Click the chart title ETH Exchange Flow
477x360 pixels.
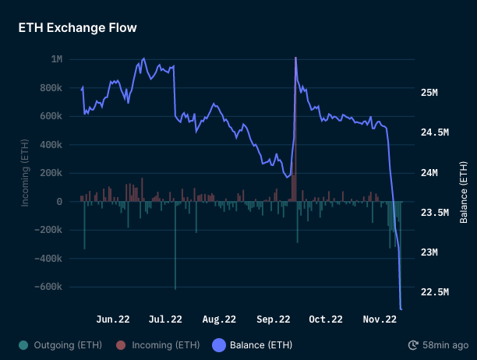[x=78, y=28]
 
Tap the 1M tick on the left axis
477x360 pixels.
[x=57, y=59]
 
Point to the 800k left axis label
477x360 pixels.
[x=51, y=88]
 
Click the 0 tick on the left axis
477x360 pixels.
[x=59, y=202]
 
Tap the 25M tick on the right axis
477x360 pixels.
[x=429, y=93]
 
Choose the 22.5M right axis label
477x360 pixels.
[x=433, y=292]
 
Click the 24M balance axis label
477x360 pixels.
[x=429, y=173]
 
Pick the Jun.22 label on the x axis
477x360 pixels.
[x=113, y=319]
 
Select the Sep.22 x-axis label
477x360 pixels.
[x=274, y=319]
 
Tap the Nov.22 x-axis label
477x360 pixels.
[x=380, y=319]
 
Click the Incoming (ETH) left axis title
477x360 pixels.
[x=25, y=173]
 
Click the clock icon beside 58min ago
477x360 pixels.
[x=413, y=344]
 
